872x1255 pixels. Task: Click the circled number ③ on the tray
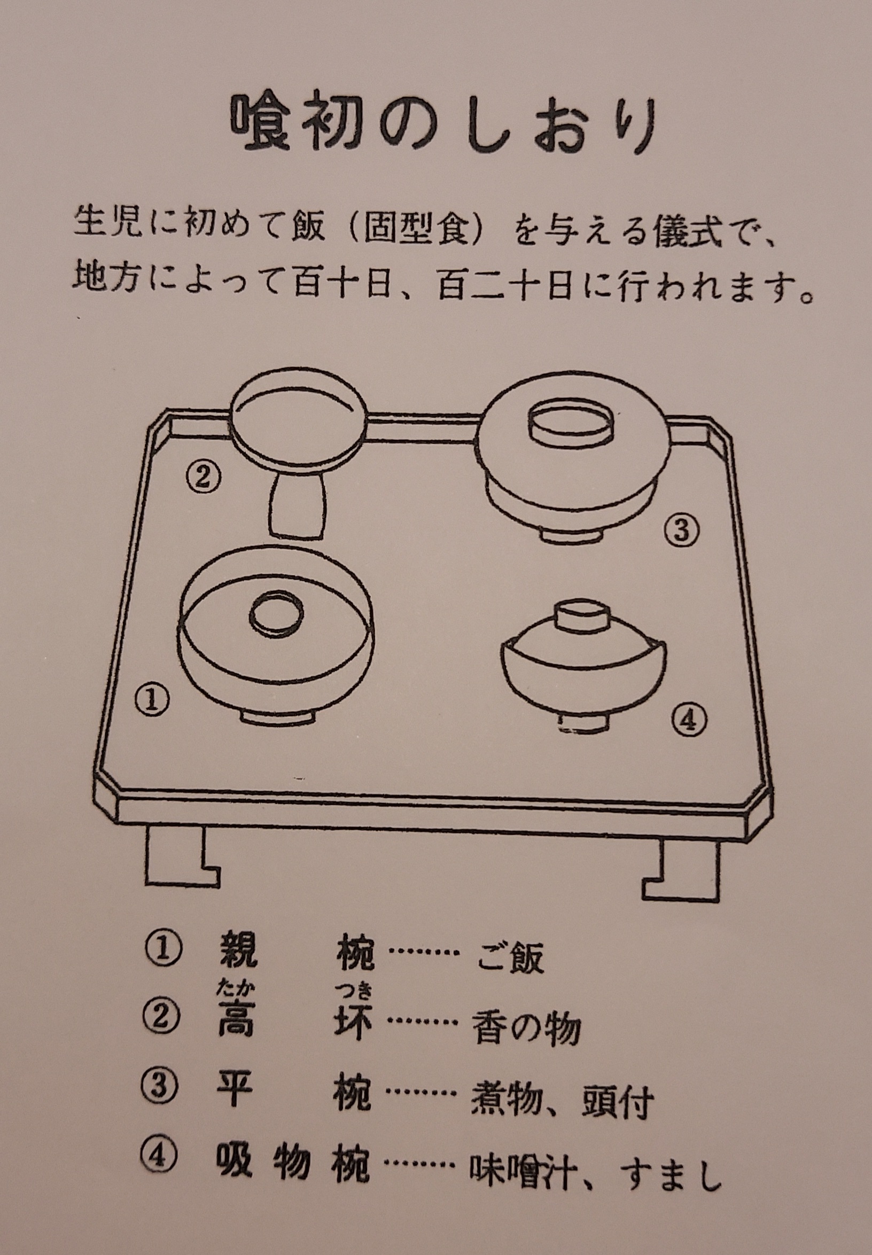click(x=681, y=530)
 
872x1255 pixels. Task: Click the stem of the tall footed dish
click(x=296, y=505)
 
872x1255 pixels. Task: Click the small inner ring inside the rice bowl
click(x=277, y=616)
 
